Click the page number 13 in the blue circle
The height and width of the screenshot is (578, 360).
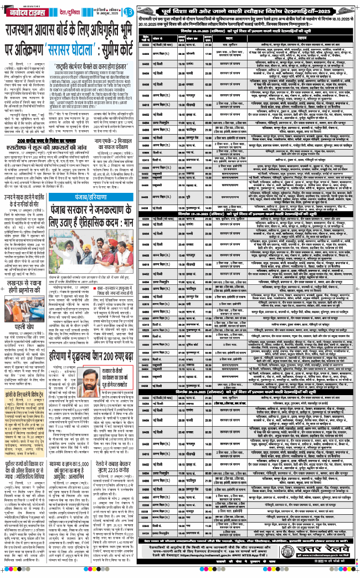point(128,12)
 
